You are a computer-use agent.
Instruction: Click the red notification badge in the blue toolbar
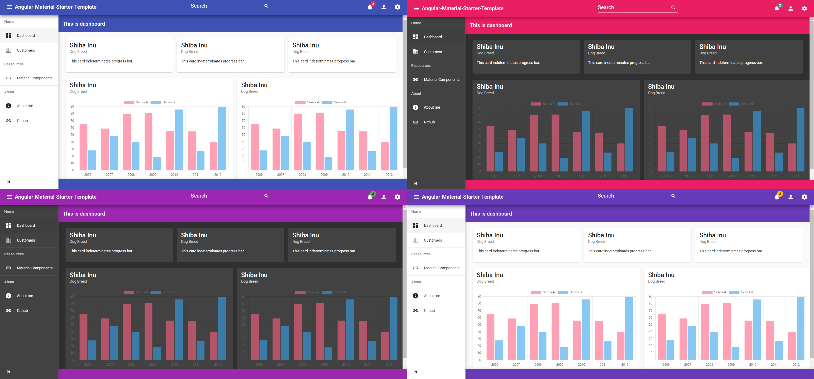tap(373, 4)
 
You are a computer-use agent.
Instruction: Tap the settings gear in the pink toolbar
tap(804, 8)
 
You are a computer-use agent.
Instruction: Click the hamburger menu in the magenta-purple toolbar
tap(10, 197)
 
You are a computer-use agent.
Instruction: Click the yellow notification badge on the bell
tap(780, 194)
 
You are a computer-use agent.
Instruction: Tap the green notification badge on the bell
tap(373, 194)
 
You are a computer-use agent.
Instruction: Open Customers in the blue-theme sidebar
tap(26, 50)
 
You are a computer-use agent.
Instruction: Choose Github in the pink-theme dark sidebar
tap(429, 122)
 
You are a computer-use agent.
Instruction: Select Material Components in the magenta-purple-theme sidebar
tap(34, 268)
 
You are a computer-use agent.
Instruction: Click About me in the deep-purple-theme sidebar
tap(432, 296)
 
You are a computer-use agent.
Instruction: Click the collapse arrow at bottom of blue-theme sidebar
tap(8, 182)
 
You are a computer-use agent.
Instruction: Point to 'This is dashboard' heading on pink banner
tap(491, 25)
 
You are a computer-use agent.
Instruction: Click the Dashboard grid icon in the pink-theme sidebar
tap(415, 37)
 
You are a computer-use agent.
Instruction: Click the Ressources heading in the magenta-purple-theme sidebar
tap(14, 254)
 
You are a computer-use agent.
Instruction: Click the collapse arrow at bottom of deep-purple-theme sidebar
tap(415, 372)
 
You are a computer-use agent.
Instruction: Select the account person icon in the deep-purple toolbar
tap(791, 197)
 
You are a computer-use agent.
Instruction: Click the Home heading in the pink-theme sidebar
tap(416, 23)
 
